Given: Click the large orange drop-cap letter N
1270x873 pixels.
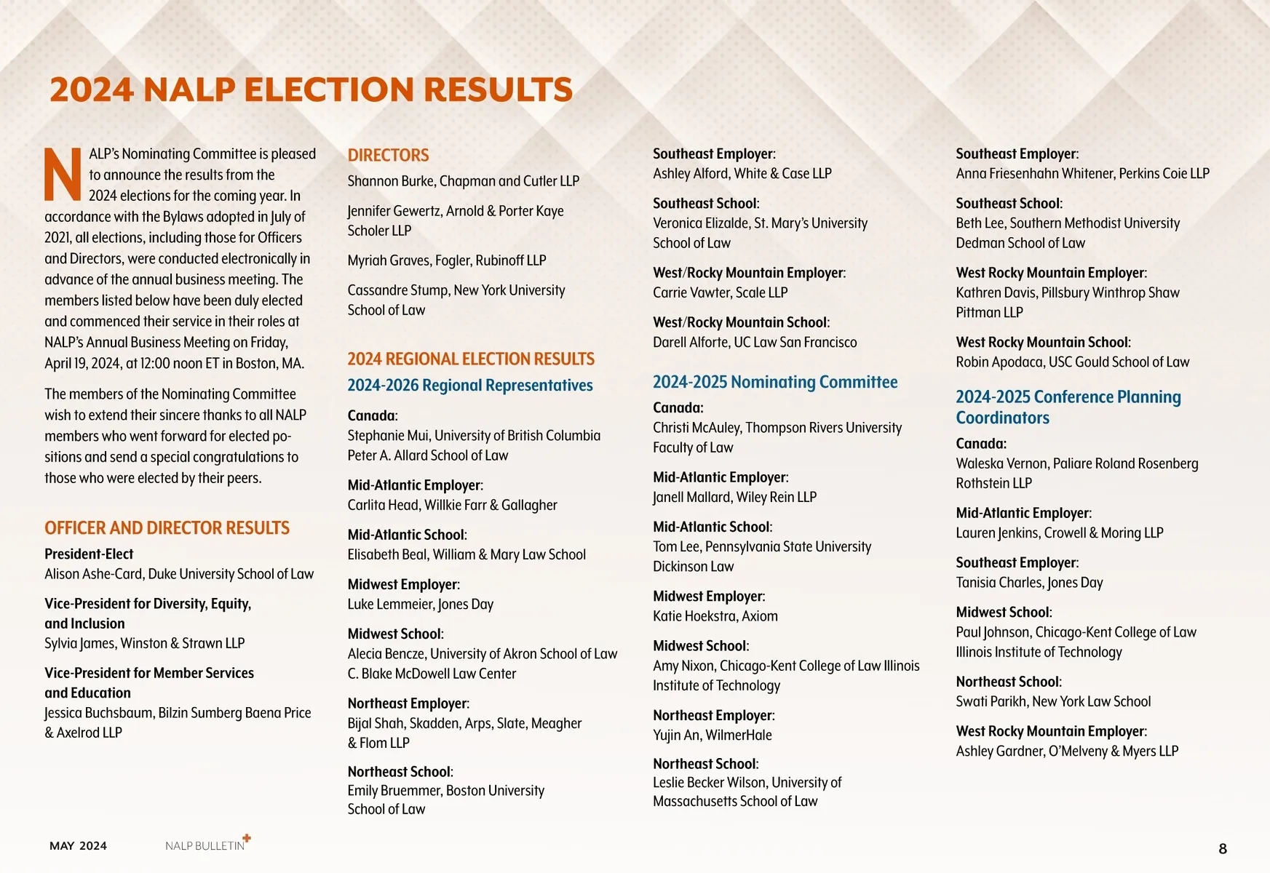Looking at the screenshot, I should pos(63,175).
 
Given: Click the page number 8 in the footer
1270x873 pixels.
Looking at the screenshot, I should pos(1223,848).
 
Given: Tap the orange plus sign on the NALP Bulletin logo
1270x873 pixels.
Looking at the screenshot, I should pos(247,838).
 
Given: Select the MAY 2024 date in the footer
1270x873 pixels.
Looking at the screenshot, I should pos(78,845).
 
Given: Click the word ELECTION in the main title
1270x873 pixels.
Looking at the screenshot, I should pos(330,89).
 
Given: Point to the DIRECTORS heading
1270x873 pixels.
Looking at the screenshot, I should pos(388,155).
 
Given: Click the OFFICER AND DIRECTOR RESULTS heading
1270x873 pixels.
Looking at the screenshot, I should pos(167,527).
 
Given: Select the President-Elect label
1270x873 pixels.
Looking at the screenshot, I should pos(89,554).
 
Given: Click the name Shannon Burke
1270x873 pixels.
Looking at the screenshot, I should pos(389,181).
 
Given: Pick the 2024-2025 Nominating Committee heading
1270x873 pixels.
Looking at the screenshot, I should pos(775,382).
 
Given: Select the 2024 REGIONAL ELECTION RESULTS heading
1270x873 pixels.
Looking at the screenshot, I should pos(471,359).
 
